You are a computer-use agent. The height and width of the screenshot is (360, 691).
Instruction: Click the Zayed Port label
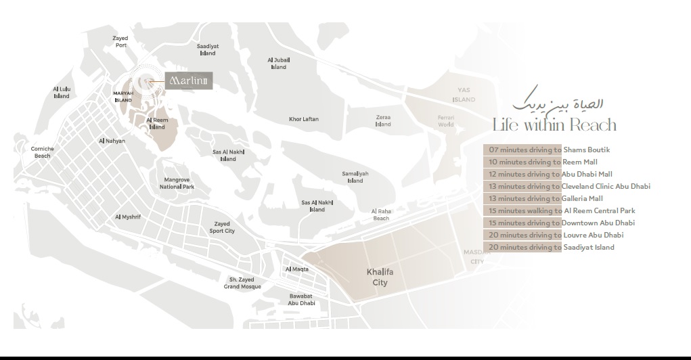pos(120,42)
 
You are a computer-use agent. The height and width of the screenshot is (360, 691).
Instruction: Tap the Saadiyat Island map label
pos(208,49)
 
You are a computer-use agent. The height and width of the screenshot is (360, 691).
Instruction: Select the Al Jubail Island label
pos(278,63)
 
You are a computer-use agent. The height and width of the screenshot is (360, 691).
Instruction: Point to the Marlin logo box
pos(190,82)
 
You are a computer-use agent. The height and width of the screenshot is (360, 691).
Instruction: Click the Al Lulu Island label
pos(62,93)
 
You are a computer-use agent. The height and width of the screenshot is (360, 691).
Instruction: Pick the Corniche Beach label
pos(42,152)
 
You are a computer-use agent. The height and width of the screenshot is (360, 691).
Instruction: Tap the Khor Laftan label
pos(303,119)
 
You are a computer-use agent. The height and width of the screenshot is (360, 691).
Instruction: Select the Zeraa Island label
pos(383,120)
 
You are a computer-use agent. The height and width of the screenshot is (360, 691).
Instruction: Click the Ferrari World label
pos(445,120)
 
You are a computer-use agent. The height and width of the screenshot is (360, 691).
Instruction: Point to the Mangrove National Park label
pos(177,183)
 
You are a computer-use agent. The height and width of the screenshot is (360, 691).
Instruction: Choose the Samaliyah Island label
pos(355,177)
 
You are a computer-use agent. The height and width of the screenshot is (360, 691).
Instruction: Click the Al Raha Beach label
pos(381,215)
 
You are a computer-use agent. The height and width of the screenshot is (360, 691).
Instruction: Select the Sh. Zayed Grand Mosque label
pos(242,283)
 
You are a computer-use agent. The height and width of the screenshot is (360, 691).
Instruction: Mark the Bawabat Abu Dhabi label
pos(302,300)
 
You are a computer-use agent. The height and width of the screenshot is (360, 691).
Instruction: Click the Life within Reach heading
pos(554,125)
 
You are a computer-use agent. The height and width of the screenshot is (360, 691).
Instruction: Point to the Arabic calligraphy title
pos(558,102)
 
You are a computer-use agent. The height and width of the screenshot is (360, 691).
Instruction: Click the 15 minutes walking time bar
pos(522,210)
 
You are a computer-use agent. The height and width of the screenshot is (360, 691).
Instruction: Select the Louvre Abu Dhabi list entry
pos(593,235)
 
